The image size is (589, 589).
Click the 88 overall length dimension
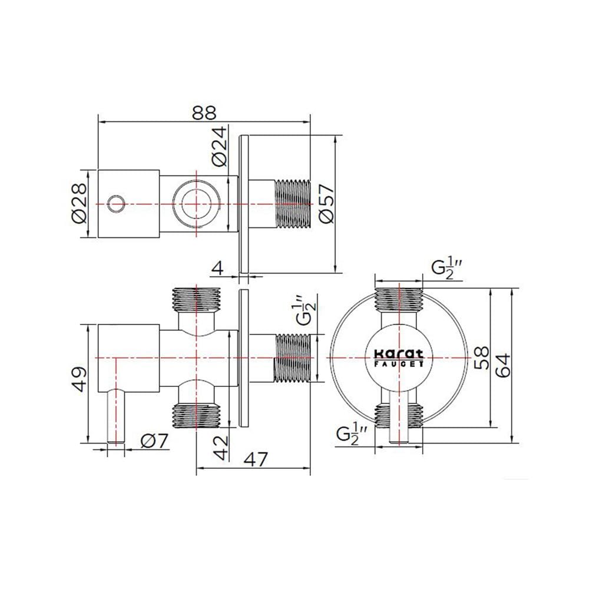click(x=204, y=112)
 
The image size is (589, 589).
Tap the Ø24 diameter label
click(x=219, y=147)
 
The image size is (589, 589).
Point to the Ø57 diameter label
click(x=326, y=203)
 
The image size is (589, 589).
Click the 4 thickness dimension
click(x=218, y=268)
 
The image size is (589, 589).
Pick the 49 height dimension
click(x=80, y=379)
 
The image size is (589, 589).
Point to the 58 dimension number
click(x=482, y=358)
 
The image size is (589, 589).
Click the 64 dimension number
click(x=504, y=365)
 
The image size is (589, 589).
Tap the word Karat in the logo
click(x=399, y=353)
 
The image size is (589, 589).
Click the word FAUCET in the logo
click(x=399, y=363)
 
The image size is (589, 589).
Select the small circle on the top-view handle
click(x=115, y=204)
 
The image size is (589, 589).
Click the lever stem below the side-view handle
click(x=115, y=416)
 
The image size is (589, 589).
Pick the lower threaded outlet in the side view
click(x=196, y=416)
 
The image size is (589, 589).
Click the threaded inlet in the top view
click(x=293, y=204)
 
